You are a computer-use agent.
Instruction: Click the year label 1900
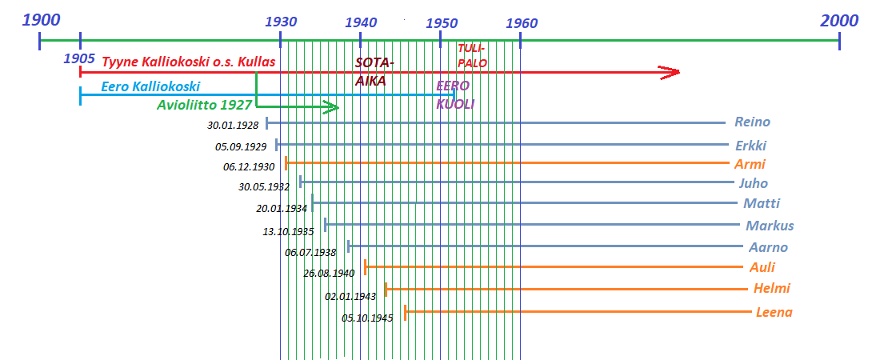[41, 21]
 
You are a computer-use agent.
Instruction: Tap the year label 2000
[838, 21]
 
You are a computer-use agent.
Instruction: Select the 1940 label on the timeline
[361, 22]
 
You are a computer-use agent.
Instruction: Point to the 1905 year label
[79, 58]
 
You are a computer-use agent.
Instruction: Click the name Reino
[752, 122]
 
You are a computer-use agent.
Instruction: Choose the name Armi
[750, 164]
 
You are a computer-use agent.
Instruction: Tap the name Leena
[774, 312]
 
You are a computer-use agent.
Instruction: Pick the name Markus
[770, 226]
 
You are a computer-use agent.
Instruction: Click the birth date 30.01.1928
[233, 125]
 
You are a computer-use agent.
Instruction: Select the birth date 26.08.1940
[329, 273]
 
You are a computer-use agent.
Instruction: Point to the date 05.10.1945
[367, 318]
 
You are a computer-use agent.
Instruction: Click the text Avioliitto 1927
[205, 104]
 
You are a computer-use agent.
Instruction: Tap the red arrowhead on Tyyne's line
[670, 73]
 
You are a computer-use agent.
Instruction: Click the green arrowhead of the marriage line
[330, 108]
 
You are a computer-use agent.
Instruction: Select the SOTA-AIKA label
[374, 71]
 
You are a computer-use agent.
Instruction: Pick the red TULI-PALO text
[472, 56]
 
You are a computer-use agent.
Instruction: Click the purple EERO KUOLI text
[454, 94]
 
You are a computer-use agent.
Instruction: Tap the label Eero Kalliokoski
[150, 86]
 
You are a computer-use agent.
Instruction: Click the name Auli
[762, 267]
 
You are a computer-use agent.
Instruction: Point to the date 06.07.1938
[310, 252]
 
